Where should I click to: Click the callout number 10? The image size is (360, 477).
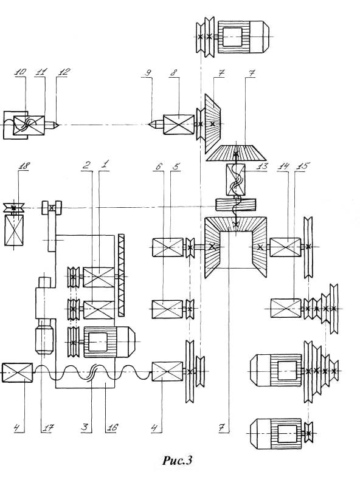[x=21, y=72]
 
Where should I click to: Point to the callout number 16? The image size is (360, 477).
[x=111, y=427]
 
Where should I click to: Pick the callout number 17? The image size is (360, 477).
[x=47, y=428]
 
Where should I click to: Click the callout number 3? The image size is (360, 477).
[x=85, y=427]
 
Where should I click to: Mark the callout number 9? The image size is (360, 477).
[x=148, y=73]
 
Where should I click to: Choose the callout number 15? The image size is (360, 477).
[x=302, y=166]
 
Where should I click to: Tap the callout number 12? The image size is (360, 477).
[x=64, y=72]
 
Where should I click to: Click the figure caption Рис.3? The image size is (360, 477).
[x=177, y=460]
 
